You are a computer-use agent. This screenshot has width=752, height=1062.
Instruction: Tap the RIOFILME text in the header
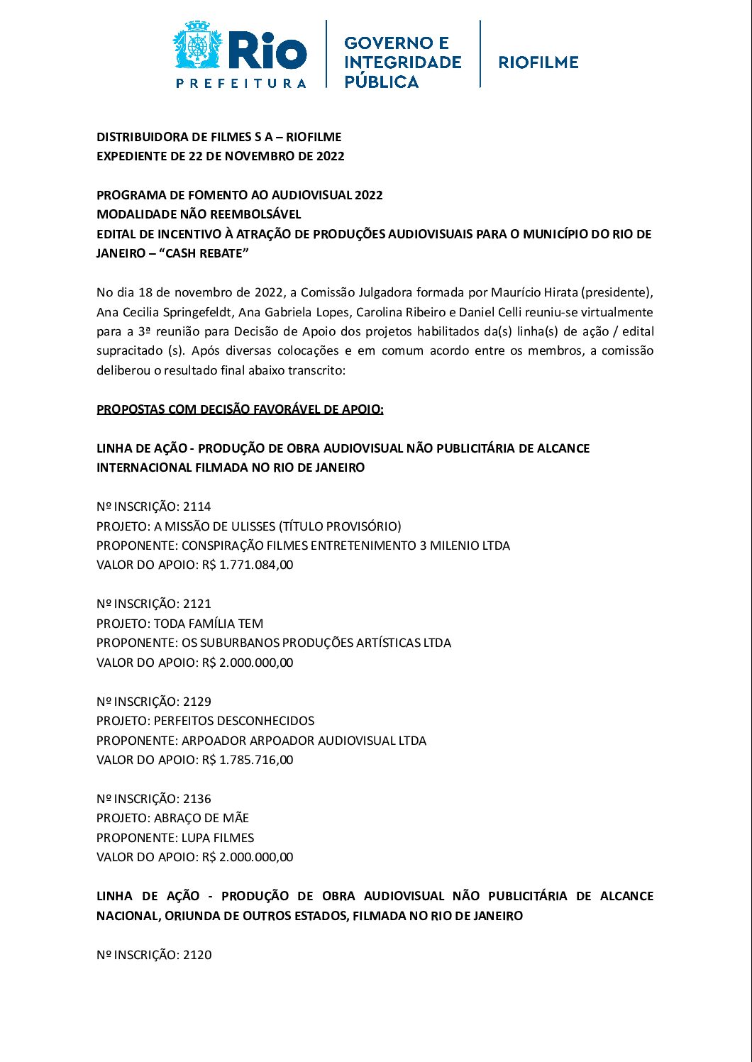pyautogui.click(x=538, y=62)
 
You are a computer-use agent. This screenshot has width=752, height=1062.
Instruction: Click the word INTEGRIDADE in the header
pyautogui.click(x=402, y=62)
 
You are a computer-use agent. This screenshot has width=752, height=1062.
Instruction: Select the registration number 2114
pyautogui.click(x=197, y=507)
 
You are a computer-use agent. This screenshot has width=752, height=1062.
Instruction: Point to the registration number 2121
pyautogui.click(x=197, y=604)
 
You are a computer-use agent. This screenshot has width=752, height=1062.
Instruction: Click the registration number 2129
pyautogui.click(x=197, y=702)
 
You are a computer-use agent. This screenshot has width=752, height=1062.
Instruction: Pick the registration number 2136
pyautogui.click(x=197, y=799)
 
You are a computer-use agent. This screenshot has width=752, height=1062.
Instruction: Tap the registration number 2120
pyautogui.click(x=197, y=955)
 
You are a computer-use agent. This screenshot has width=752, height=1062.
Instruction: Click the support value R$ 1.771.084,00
pyautogui.click(x=248, y=565)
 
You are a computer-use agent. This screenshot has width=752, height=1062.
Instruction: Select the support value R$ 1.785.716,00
pyautogui.click(x=248, y=760)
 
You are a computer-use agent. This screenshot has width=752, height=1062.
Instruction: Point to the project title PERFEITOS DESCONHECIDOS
pyautogui.click(x=234, y=721)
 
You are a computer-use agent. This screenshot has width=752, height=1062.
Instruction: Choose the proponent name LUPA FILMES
pyautogui.click(x=218, y=838)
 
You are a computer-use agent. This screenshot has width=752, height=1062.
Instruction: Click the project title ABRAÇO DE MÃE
pyautogui.click(x=201, y=818)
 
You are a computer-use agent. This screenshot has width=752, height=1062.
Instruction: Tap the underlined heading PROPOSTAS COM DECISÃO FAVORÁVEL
pyautogui.click(x=240, y=409)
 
